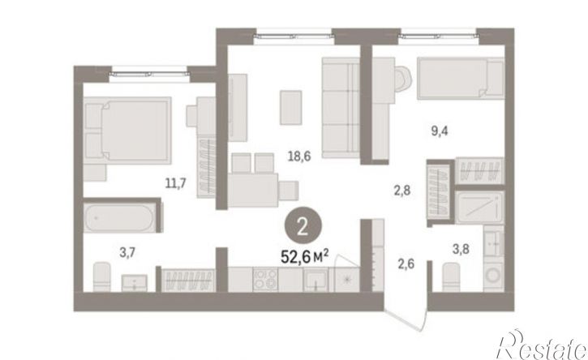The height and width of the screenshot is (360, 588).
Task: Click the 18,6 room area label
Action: (x=299, y=156)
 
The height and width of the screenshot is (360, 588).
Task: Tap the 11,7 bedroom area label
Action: (x=176, y=183)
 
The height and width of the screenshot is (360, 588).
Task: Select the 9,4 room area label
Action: (x=439, y=131)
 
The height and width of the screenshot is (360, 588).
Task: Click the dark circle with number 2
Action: (x=303, y=227)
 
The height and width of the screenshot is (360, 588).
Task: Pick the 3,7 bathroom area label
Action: (x=127, y=253)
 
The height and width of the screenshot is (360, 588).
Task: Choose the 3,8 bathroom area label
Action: (x=461, y=249)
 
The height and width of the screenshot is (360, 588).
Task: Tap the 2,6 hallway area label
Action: (x=406, y=264)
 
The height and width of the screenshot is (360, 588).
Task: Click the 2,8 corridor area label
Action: (x=402, y=191)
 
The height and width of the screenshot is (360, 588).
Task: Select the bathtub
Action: (x=118, y=218)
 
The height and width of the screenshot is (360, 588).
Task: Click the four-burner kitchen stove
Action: (x=264, y=279)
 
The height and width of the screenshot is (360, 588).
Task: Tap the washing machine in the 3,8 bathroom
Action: (x=493, y=276)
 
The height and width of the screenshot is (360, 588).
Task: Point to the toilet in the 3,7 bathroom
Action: (x=101, y=276)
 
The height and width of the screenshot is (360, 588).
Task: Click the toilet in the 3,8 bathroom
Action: (x=451, y=276)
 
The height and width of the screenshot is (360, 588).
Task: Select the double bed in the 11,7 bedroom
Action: (x=127, y=130)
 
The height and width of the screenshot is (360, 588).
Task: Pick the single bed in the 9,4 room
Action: (x=461, y=79)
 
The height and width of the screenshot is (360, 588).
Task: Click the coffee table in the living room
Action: (x=291, y=107)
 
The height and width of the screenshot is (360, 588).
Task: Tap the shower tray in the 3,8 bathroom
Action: (x=479, y=208)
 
